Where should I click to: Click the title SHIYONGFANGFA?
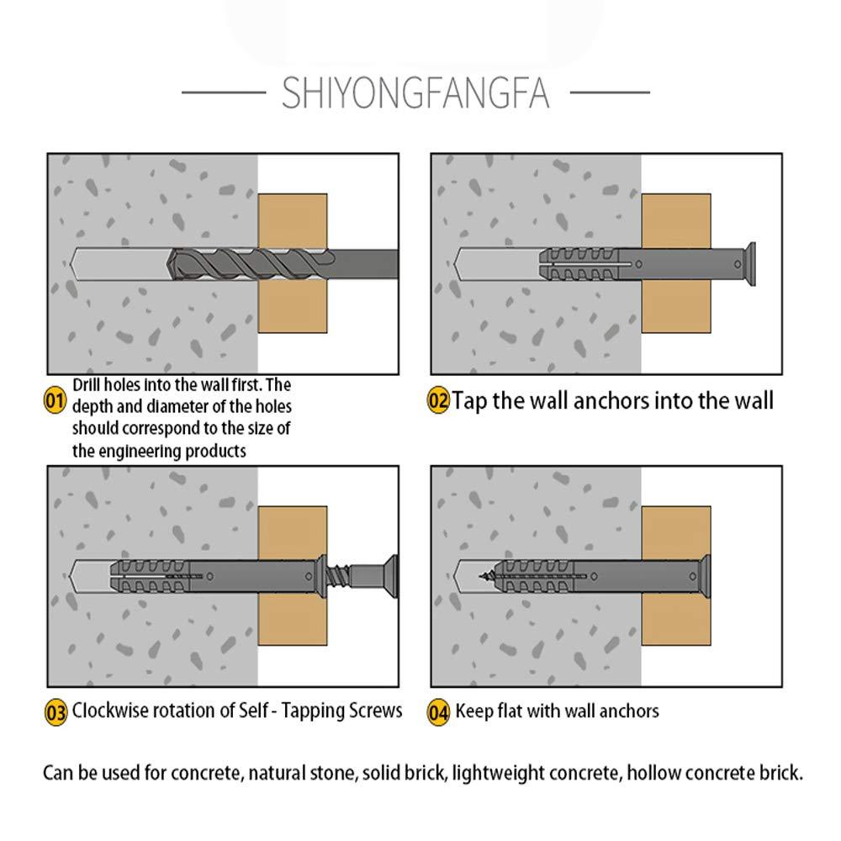coord(415,93)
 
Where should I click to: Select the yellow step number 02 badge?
coord(439,399)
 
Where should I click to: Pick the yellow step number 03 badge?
coord(56,713)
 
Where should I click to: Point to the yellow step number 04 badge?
coord(439,713)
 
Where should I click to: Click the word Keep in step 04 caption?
coord(473,712)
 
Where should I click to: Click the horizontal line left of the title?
coord(223,93)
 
